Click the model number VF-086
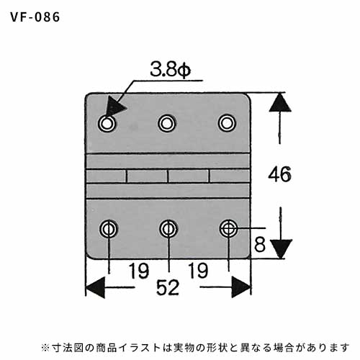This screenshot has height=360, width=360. (35, 17)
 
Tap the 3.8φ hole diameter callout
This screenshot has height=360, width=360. (171, 70)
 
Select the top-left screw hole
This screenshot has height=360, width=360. (107, 124)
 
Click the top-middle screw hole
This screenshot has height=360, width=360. (167, 124)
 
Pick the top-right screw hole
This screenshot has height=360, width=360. (227, 124)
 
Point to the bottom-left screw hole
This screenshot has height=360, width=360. (109, 229)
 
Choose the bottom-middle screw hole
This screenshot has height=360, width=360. (168, 229)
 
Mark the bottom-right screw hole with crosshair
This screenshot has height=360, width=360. (228, 229)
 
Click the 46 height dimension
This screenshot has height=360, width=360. (279, 174)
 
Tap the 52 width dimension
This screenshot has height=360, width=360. (168, 287)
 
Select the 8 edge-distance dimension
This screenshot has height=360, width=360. (260, 245)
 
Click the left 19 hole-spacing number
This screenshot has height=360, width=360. (139, 271)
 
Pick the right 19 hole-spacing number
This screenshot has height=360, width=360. (198, 271)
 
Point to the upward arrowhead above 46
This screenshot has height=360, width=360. (280, 103)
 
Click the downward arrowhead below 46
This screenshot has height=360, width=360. (281, 249)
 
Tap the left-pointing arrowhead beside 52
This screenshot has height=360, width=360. (95, 287)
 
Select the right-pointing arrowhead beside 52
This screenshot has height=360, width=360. (241, 287)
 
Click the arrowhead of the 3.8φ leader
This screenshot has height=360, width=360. (114, 107)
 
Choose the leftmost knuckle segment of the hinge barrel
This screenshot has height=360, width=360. (106, 176)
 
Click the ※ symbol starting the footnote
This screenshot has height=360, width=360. (45, 348)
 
